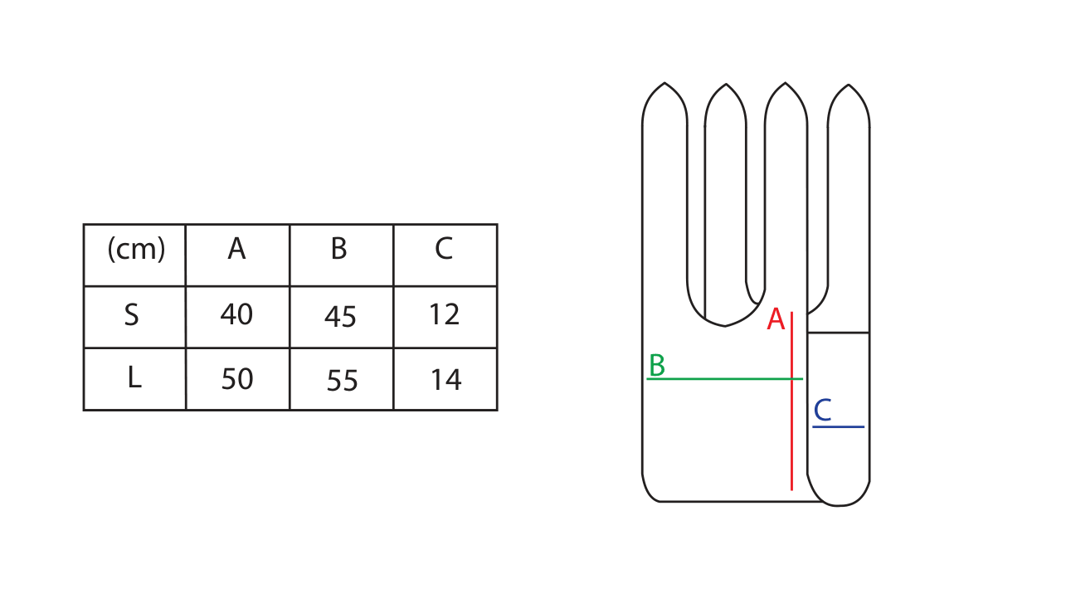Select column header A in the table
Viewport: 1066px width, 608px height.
tap(236, 249)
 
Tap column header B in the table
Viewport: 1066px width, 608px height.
tap(338, 249)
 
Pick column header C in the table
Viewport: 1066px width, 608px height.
tap(444, 249)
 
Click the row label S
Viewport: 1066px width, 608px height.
tap(132, 315)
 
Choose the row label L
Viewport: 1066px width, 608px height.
tap(134, 379)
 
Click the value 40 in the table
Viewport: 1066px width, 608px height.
tap(236, 314)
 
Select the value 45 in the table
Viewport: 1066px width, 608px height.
tap(340, 317)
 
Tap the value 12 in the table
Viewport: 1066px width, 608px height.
tap(445, 314)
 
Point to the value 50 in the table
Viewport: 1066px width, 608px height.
tap(237, 379)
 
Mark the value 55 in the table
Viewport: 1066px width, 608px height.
tap(342, 381)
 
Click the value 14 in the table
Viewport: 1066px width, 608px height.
tap(446, 380)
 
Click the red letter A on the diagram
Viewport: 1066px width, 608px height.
tap(776, 319)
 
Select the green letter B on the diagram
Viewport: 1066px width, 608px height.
tap(657, 365)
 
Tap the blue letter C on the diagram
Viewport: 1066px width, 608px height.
tap(822, 410)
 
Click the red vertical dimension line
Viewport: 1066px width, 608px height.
tap(792, 401)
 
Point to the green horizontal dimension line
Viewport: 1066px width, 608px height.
tap(725, 379)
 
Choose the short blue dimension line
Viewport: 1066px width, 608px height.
tap(839, 426)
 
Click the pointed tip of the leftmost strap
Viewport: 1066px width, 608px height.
tap(664, 83)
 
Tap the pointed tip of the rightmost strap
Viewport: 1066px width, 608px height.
tap(849, 85)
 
